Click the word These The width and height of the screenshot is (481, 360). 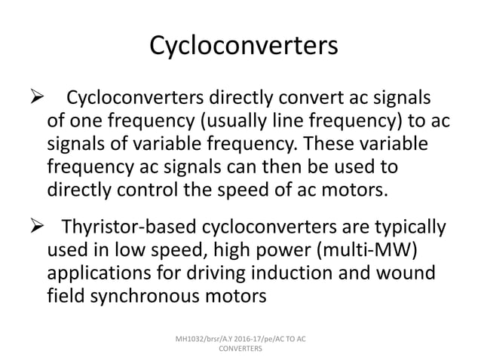pyautogui.click(x=323, y=144)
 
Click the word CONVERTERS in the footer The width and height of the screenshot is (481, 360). pyautogui.click(x=240, y=349)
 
